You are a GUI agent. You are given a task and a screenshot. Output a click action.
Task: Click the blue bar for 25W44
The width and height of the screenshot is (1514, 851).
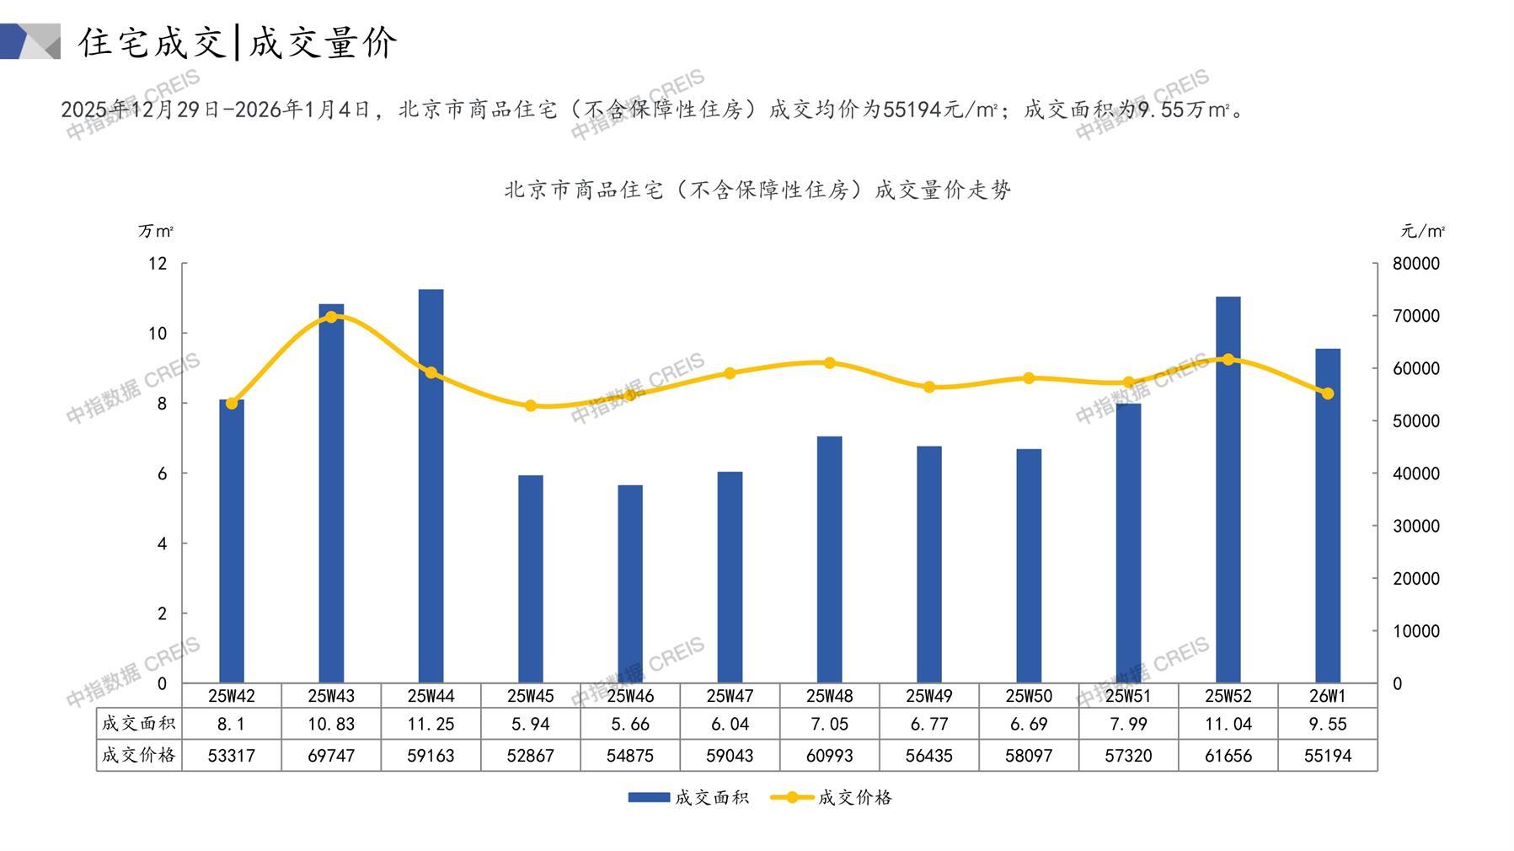click(431, 486)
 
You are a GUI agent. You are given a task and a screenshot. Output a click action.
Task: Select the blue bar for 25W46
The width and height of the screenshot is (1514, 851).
click(630, 584)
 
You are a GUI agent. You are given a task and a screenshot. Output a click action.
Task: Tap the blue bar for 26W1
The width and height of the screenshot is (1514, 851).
click(1328, 516)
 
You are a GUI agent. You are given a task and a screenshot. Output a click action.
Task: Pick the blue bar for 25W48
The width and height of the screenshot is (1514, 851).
click(830, 559)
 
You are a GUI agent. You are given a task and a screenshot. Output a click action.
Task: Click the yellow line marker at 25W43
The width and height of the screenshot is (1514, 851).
click(331, 317)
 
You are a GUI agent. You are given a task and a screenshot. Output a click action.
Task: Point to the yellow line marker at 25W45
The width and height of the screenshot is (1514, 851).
click(531, 405)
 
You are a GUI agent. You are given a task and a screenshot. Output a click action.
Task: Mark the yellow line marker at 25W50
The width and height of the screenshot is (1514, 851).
click(1029, 378)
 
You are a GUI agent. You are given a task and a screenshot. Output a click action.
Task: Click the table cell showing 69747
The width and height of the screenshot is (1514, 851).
click(331, 756)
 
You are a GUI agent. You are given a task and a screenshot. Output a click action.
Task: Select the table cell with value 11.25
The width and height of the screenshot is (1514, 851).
click(431, 724)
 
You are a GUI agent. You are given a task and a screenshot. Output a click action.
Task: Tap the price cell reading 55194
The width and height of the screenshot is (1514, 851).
click(1328, 756)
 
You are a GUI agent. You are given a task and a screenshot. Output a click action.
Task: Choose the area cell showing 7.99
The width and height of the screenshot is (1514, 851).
click(1128, 724)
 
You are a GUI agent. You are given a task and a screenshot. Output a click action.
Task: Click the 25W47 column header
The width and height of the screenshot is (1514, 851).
click(730, 696)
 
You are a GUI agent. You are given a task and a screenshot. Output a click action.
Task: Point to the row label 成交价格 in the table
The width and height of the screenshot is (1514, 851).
click(139, 756)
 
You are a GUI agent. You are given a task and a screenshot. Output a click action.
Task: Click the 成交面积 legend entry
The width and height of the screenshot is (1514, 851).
click(688, 797)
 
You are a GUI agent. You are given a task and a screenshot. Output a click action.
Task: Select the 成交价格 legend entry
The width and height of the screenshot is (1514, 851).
click(832, 797)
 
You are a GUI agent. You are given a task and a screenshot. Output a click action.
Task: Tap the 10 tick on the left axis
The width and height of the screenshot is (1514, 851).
click(158, 334)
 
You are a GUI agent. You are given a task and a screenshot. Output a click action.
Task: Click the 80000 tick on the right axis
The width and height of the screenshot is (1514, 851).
click(1416, 264)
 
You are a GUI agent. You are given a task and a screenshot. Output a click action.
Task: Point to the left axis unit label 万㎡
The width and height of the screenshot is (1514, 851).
click(156, 231)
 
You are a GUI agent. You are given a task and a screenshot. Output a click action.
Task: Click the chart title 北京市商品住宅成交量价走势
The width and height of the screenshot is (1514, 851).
click(757, 190)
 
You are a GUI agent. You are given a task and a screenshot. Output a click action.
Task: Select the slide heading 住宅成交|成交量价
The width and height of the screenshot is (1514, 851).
click(238, 42)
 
